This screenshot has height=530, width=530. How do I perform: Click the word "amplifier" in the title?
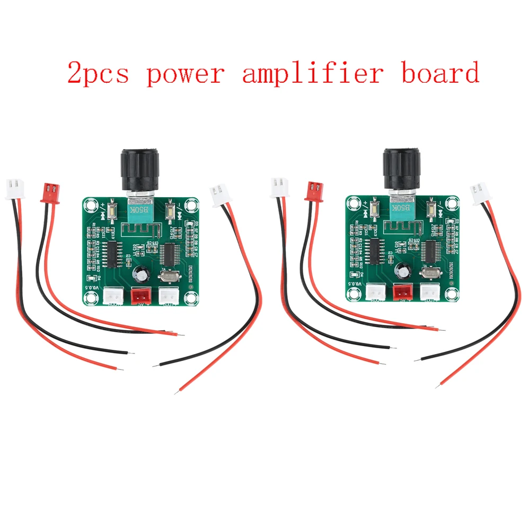click(312, 73)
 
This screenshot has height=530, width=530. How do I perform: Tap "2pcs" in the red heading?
click(99, 74)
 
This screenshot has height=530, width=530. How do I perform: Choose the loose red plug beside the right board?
click(313, 191)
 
